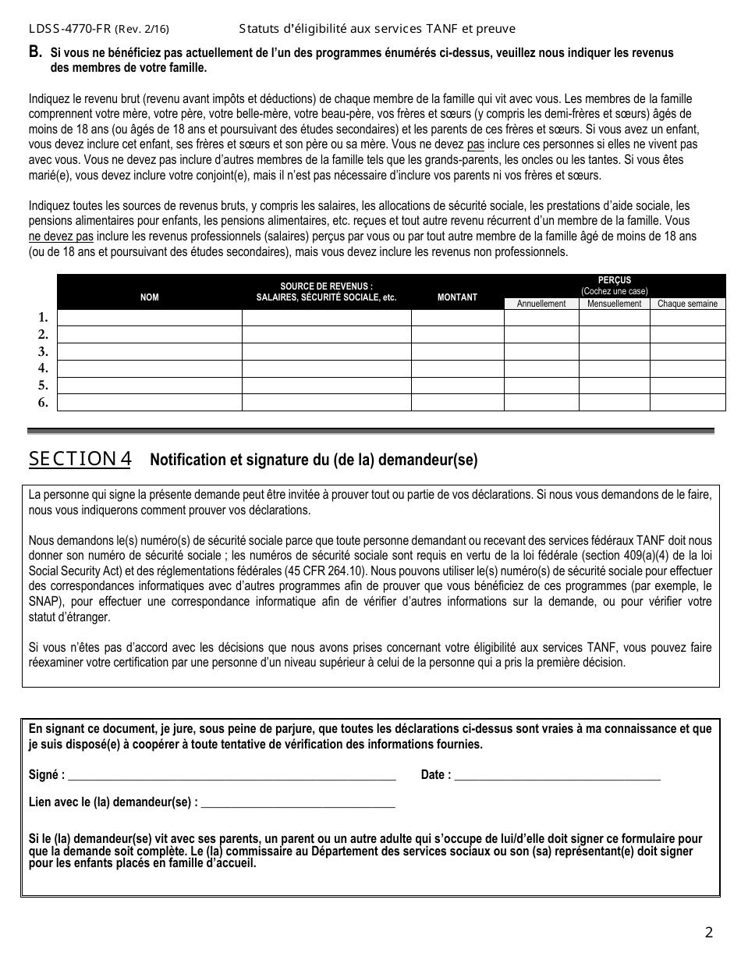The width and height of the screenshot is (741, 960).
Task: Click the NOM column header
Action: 149,297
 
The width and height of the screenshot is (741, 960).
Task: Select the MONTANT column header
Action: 457,297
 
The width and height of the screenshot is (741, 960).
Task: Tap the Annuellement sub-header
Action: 541,304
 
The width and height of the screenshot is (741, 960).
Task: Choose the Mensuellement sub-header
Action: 614,304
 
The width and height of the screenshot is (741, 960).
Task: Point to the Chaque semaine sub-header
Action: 687,304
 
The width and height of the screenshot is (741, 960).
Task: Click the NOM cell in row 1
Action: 149,318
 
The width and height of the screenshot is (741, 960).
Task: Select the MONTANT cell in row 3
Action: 457,351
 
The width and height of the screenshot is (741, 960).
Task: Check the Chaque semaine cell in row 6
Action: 687,403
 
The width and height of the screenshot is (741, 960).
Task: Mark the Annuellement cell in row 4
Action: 541,368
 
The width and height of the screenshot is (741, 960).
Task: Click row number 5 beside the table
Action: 44,386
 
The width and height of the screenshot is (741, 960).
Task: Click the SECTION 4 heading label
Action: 80,459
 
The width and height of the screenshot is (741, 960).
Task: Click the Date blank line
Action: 557,776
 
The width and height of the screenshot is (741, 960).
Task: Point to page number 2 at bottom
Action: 708,932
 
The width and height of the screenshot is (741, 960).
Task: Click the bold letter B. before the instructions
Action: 35,52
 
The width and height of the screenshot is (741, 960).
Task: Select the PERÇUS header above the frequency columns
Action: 614,280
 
